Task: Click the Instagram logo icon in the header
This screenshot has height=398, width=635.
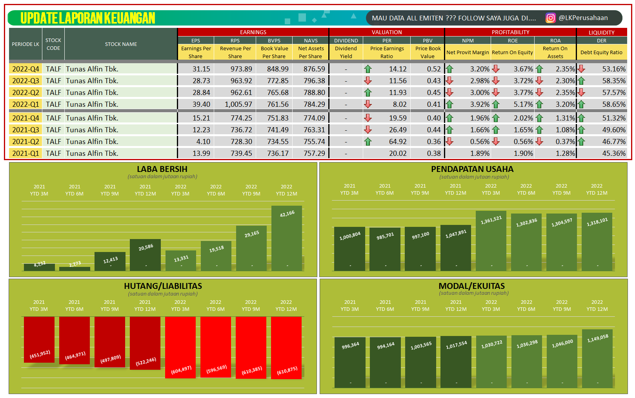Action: pyautogui.click(x=550, y=18)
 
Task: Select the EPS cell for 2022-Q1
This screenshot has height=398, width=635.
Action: pyautogui.click(x=201, y=104)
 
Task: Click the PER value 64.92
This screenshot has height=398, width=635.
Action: pyautogui.click(x=397, y=142)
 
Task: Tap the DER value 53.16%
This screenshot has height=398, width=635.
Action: pyautogui.click(x=613, y=69)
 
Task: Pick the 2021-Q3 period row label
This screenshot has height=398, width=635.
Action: pyautogui.click(x=25, y=130)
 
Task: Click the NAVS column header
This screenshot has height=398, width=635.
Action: pyautogui.click(x=311, y=40)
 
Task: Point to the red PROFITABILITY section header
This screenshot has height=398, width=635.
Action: pyautogui.click(x=510, y=32)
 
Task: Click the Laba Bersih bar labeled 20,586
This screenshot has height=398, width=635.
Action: pyautogui.click(x=145, y=255)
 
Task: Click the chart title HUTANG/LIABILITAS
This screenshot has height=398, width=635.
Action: pyautogui.click(x=163, y=286)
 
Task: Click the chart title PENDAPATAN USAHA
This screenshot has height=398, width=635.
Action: pyautogui.click(x=472, y=169)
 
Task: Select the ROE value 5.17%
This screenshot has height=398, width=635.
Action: pyautogui.click(x=523, y=104)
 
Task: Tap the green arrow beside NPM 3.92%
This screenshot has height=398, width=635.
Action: pyautogui.click(x=449, y=104)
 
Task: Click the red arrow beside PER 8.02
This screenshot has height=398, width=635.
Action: pyautogui.click(x=368, y=104)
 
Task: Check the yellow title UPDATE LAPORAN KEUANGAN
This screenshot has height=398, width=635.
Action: pyautogui.click(x=87, y=18)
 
